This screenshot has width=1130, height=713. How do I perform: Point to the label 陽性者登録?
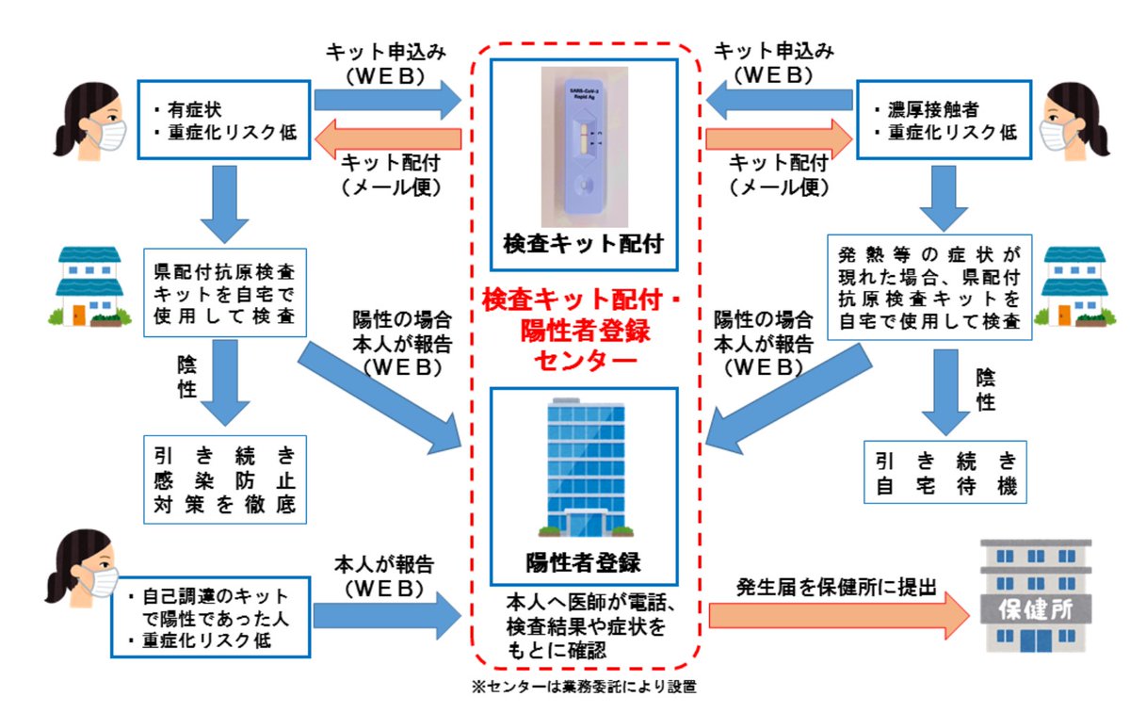(x=583, y=564)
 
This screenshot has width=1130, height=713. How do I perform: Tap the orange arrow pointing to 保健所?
(x=838, y=617)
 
